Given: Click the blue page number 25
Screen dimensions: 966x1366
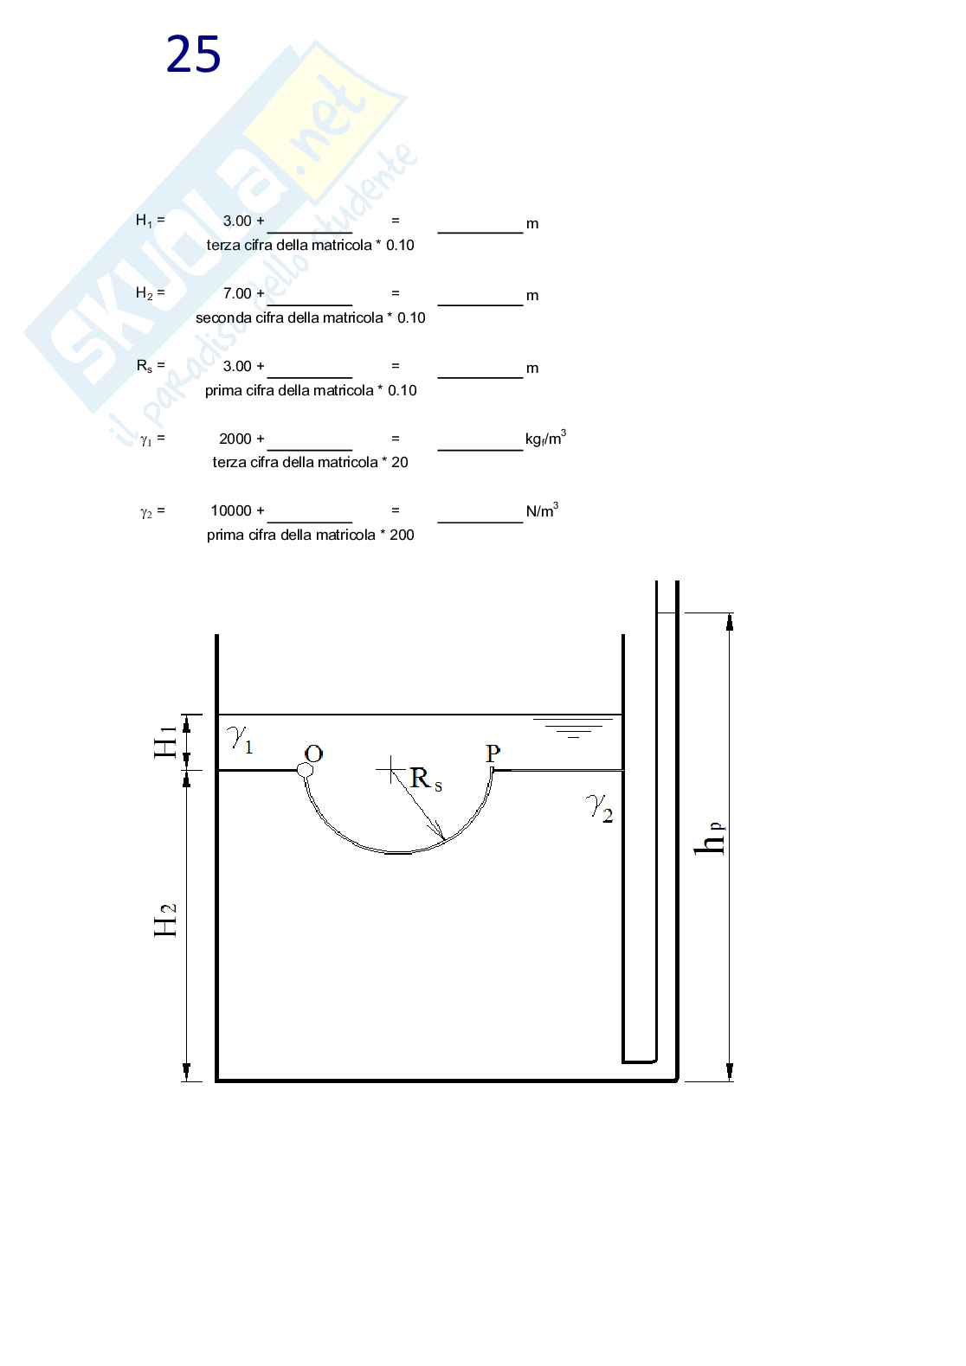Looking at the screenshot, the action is click(x=193, y=55).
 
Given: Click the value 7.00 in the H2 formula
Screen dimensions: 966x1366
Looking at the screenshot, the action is click(x=237, y=293).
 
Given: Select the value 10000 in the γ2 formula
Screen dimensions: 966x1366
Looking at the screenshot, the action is click(x=230, y=510).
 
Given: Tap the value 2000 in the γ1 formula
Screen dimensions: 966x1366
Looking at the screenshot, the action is click(x=235, y=439).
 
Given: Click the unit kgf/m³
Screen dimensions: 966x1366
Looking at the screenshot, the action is click(x=545, y=438).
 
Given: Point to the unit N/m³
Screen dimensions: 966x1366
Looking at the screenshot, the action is click(x=542, y=510).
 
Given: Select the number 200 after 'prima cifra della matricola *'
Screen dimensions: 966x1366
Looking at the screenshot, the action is click(x=402, y=535).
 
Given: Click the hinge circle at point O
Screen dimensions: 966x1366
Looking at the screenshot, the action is click(x=305, y=770).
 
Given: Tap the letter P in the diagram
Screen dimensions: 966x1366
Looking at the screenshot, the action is click(x=493, y=754).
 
